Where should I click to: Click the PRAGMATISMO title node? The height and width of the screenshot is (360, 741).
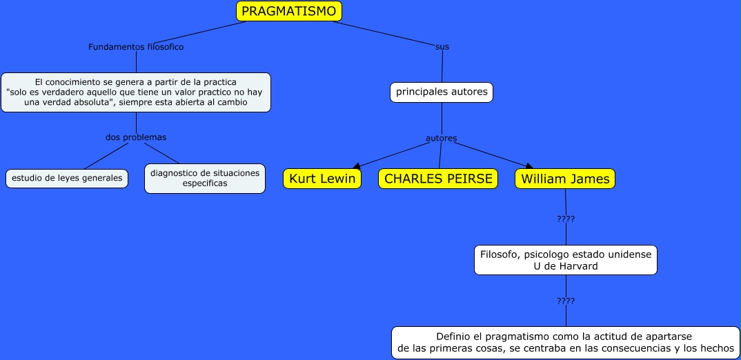289,11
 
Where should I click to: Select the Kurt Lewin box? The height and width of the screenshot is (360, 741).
322,179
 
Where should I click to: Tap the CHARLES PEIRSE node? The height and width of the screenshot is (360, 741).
438,179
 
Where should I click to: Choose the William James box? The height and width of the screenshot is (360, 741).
565,179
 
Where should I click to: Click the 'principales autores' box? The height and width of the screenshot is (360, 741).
442,92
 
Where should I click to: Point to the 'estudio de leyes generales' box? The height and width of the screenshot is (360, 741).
67,178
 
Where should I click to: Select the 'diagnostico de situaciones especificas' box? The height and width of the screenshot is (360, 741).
205,178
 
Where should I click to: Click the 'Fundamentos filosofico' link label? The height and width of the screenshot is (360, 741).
136,47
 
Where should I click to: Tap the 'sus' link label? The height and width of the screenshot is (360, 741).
442,47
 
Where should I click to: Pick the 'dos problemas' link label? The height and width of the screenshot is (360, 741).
136,137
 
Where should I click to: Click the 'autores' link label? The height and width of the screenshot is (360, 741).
441,138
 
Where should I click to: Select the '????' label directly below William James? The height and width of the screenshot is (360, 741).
566,219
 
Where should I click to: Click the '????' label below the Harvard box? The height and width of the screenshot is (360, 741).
566,301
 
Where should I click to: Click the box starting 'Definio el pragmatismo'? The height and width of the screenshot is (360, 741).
566,342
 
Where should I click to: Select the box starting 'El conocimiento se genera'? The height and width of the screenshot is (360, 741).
136,92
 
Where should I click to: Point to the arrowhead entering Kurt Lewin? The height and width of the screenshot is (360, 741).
356,166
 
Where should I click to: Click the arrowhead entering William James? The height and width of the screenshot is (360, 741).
529,166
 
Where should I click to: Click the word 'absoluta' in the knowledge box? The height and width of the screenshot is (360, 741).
92,102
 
